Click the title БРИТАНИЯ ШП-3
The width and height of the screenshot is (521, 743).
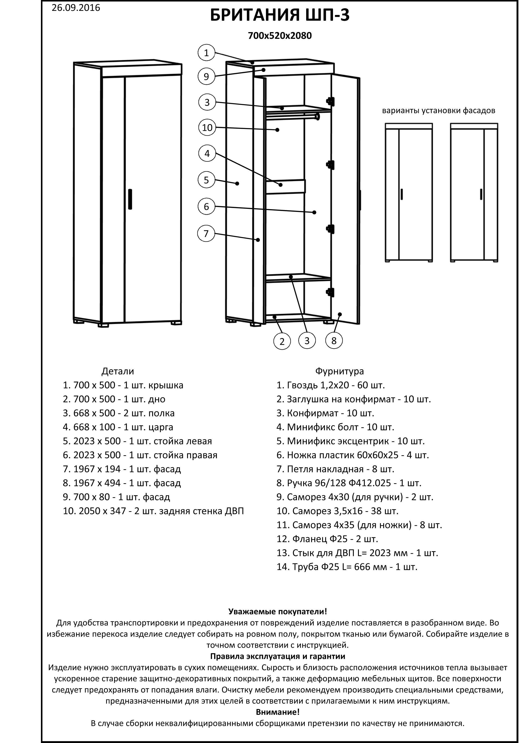(x=280, y=15)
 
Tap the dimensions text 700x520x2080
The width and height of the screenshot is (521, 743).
(x=280, y=36)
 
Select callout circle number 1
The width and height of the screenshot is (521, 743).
(x=207, y=53)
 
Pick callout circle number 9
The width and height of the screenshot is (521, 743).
(x=207, y=77)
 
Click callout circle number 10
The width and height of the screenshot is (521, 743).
(x=207, y=128)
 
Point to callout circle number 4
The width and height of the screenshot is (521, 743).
(x=207, y=153)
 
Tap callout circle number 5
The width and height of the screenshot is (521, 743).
(x=207, y=180)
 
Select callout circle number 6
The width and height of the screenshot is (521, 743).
(x=207, y=206)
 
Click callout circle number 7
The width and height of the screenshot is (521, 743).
(x=206, y=233)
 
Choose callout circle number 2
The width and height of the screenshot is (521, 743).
(x=282, y=341)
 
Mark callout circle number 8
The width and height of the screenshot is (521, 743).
(x=334, y=340)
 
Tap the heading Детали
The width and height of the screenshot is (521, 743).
(x=117, y=371)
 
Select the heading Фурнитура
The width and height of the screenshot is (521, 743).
(x=339, y=371)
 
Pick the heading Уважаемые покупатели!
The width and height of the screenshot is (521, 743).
(x=278, y=612)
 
